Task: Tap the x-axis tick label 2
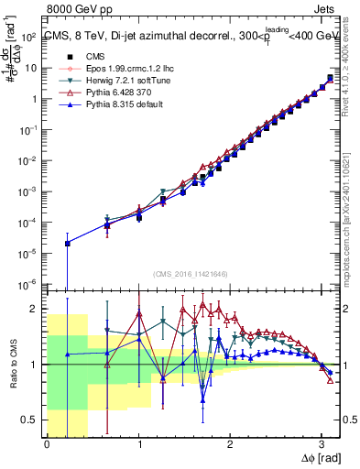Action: point(230,445)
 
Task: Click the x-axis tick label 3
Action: point(322,445)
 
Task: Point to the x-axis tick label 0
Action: point(47,445)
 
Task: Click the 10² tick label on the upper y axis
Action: point(29,37)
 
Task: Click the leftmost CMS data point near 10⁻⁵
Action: point(67,244)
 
